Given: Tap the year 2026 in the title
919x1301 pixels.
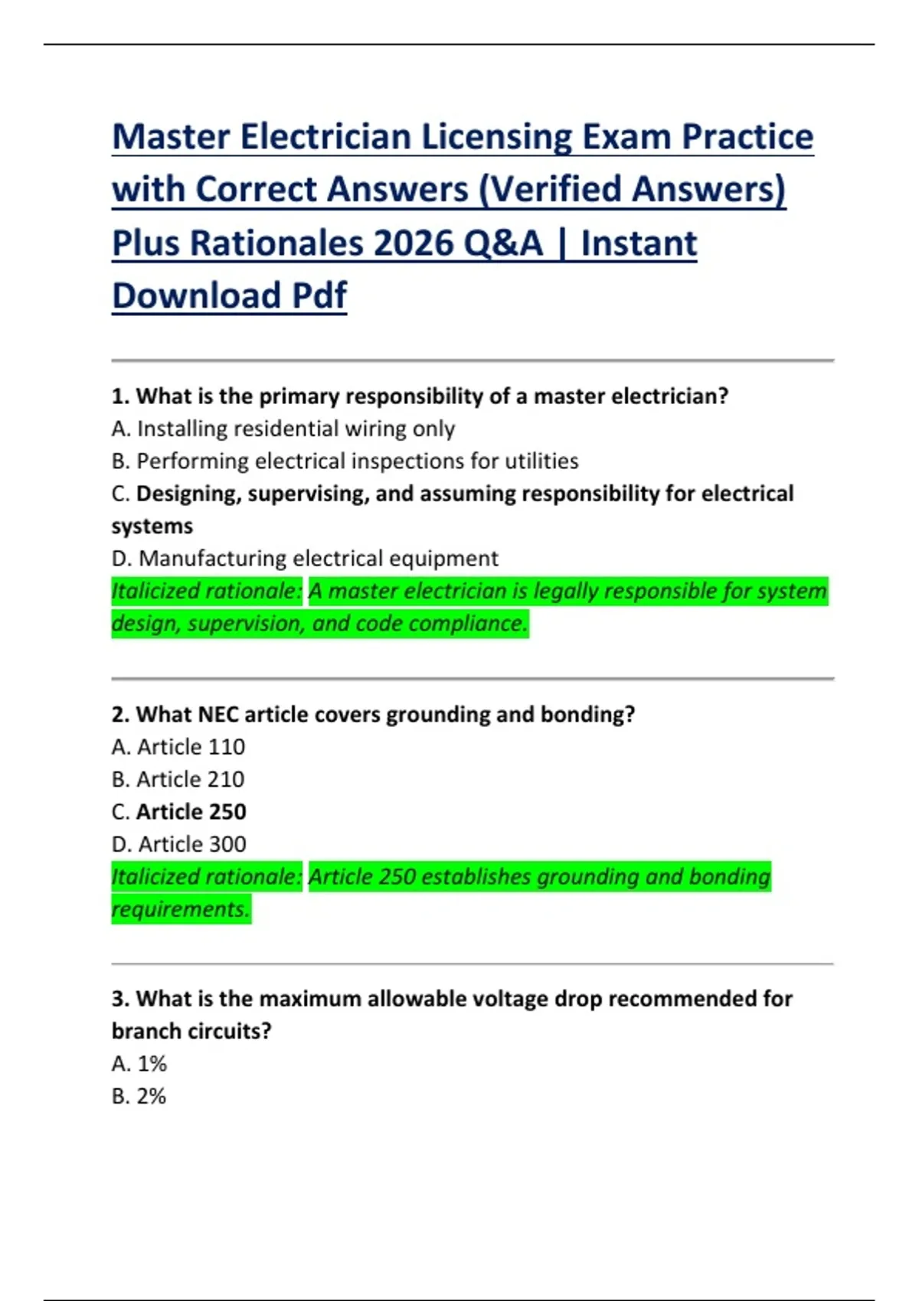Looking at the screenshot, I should point(414,243).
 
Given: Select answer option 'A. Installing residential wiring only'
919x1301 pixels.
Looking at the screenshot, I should point(283,429).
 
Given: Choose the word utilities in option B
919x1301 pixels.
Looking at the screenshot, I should point(541,461).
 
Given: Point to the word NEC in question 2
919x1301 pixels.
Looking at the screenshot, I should point(217,714).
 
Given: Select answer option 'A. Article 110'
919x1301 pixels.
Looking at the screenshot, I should point(178,747).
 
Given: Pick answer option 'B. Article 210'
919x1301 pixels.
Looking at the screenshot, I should point(178,779).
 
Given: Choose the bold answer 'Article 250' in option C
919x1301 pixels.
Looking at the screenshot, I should point(191,811).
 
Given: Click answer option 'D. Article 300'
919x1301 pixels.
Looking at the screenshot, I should point(179,844).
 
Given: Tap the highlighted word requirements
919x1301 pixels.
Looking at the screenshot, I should point(181,909).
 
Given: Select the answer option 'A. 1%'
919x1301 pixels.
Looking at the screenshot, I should point(139,1064).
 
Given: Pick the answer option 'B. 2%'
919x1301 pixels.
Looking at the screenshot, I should point(139,1097).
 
